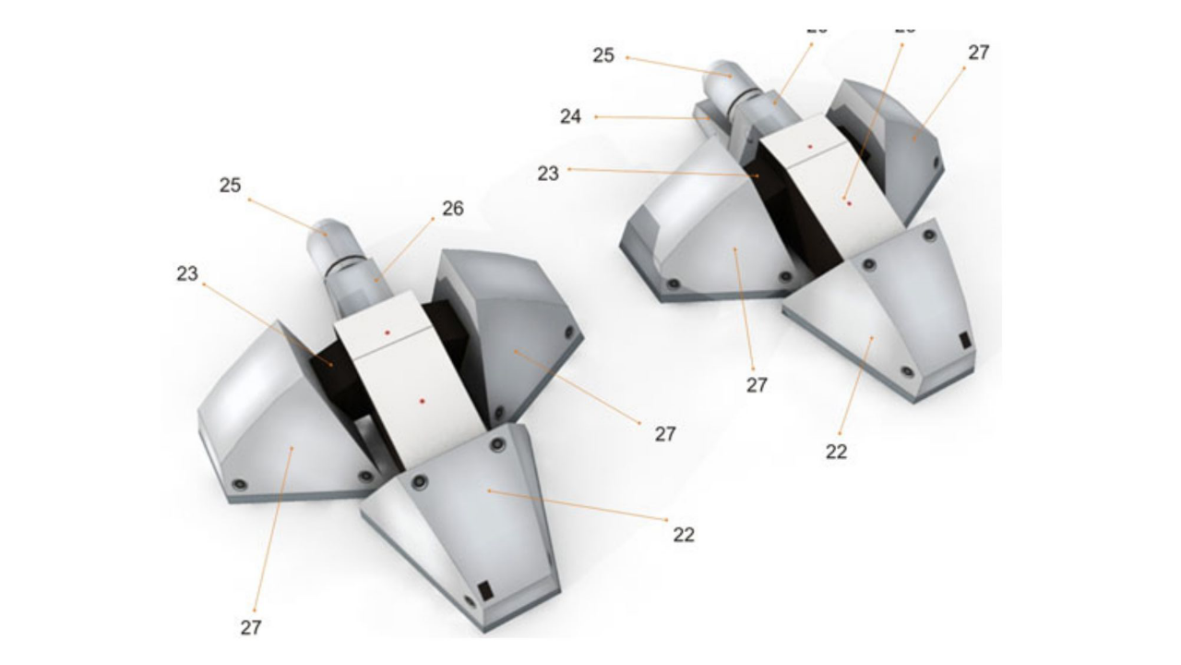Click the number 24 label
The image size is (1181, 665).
(570, 117)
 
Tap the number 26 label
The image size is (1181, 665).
(452, 209)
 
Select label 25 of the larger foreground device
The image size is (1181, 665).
(230, 186)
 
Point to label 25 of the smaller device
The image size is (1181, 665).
(602, 55)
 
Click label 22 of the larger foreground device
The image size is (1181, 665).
(683, 534)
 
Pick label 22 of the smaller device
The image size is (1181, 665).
(836, 452)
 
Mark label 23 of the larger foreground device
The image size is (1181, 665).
(187, 273)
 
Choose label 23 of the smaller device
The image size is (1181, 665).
(548, 173)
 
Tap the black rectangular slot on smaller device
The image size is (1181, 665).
(964, 340)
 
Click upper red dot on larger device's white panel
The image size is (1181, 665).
(388, 332)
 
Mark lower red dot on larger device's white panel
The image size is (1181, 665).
(422, 401)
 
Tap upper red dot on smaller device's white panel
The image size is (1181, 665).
(809, 146)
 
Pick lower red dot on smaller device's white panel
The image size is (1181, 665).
(849, 202)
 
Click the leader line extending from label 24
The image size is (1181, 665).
(646, 117)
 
